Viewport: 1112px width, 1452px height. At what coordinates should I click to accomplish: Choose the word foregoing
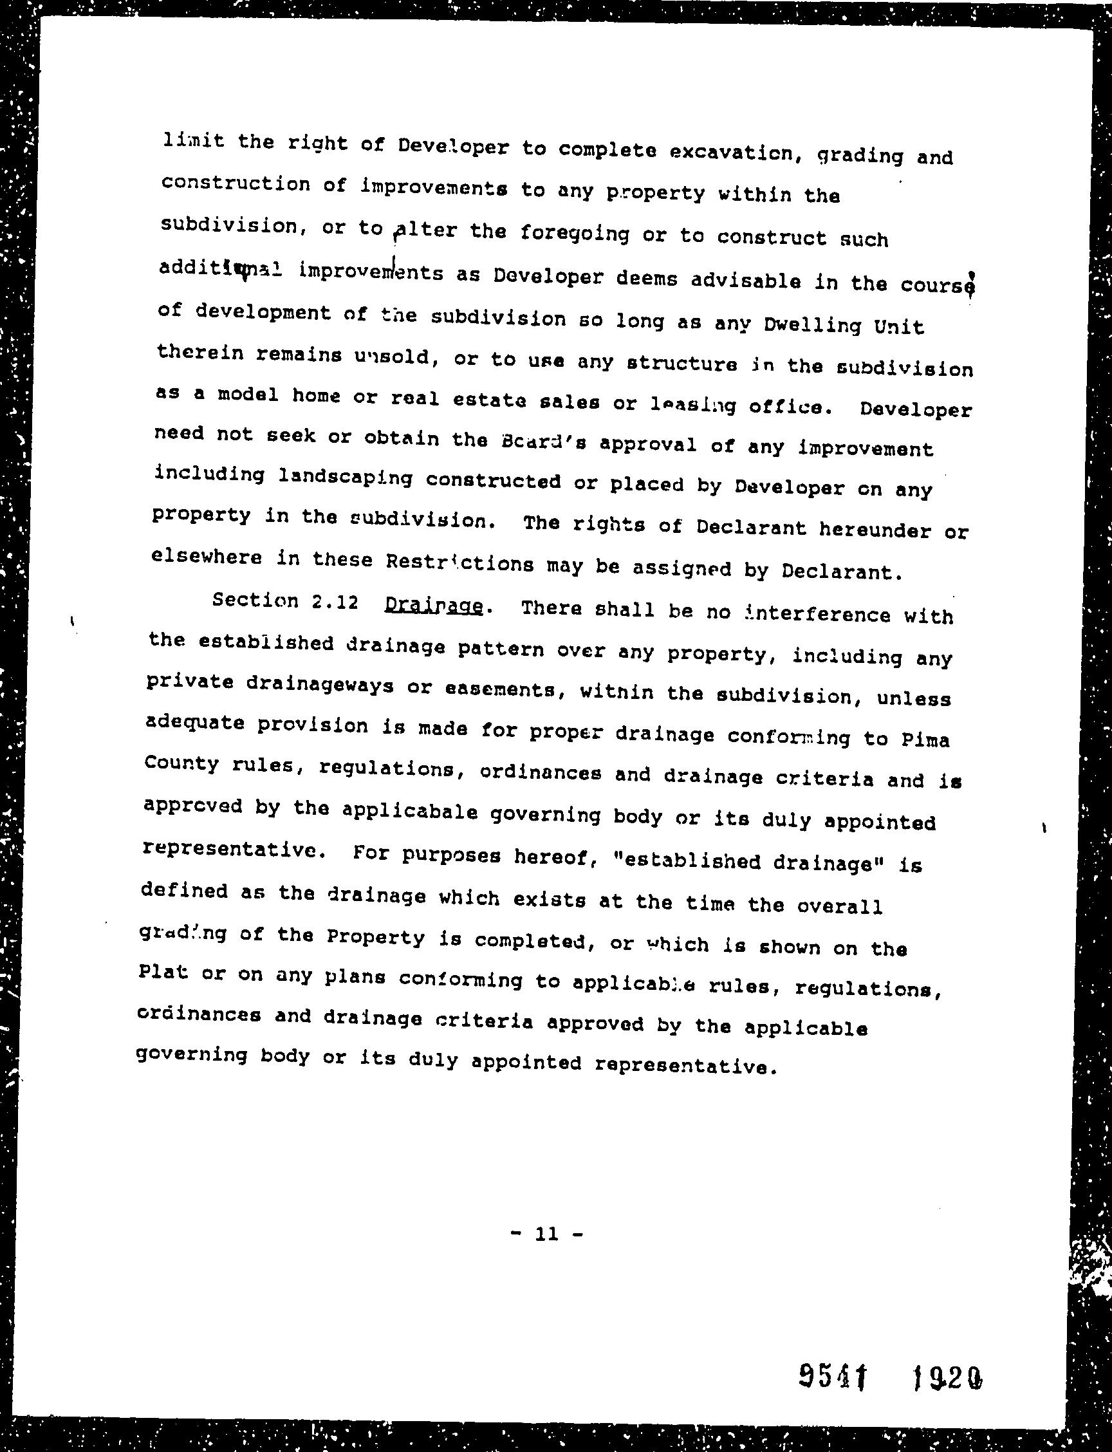574,232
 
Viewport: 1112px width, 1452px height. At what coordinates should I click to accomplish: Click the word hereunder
875,529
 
